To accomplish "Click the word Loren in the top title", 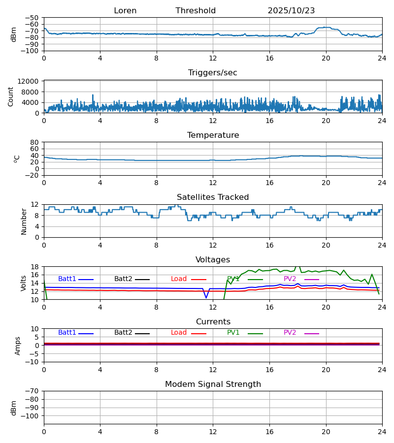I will [125, 11].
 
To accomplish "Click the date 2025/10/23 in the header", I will [291, 11].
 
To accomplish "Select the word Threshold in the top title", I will [196, 11].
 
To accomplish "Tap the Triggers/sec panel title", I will [213, 73].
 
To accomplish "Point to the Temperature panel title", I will [213, 135].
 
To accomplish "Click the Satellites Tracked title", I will [213, 197].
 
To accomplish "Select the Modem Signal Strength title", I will [213, 384].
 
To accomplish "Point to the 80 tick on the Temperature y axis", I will [34, 142].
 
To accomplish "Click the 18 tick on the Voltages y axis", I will [35, 267].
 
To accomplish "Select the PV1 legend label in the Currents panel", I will [233, 333].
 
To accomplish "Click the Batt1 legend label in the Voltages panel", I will [67, 279].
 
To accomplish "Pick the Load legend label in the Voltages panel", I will [179, 279].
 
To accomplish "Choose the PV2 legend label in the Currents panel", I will [290, 333].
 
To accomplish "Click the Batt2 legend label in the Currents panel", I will [123, 333].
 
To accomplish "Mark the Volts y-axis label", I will [24, 283].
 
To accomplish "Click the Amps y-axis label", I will [18, 346].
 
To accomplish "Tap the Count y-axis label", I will [11, 96].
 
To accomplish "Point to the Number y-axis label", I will [24, 221].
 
